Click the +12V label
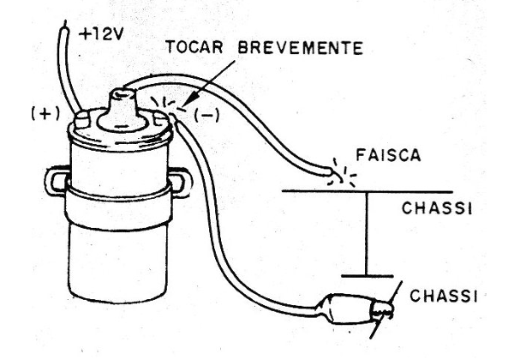click(101, 33)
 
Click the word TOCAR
click(194, 47)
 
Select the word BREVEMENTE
click(301, 48)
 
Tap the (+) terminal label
click(45, 114)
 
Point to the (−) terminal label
click(206, 116)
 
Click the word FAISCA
click(388, 155)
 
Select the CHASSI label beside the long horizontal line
click(437, 208)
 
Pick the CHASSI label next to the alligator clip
click(444, 296)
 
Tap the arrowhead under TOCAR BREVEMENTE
click(192, 98)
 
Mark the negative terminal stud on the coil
click(161, 119)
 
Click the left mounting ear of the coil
click(57, 182)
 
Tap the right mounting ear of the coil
click(180, 183)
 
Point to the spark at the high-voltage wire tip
click(343, 173)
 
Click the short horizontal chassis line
click(368, 276)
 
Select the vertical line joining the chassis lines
click(368, 233)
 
